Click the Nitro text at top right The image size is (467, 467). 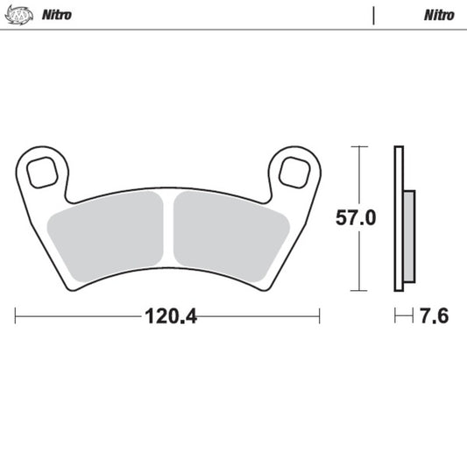[439, 15]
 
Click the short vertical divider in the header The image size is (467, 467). [374, 15]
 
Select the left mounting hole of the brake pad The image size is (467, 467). [41, 172]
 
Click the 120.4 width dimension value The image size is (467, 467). [167, 315]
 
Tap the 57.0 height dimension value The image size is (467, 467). [356, 218]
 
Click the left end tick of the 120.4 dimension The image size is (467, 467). [16, 315]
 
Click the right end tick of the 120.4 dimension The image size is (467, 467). [320, 315]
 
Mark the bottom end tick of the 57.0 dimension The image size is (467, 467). [357, 290]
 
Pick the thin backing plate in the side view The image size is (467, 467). [399, 219]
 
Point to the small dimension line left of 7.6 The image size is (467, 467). [403, 315]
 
